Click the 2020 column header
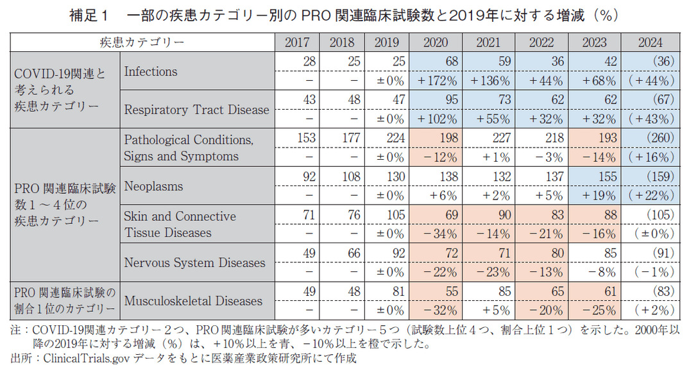click(x=436, y=43)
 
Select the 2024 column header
click(x=651, y=43)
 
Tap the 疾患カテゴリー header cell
click(x=142, y=43)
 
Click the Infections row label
click(x=151, y=71)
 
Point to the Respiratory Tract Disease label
click(x=196, y=110)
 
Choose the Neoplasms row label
click(x=153, y=186)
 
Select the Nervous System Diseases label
click(x=194, y=262)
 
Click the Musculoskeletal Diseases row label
click(x=193, y=301)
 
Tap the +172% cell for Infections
click(x=436, y=81)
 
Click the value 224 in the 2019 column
click(x=395, y=139)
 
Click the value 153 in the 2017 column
click(x=305, y=139)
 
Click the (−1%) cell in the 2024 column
click(x=654, y=272)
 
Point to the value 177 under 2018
click(x=350, y=139)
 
